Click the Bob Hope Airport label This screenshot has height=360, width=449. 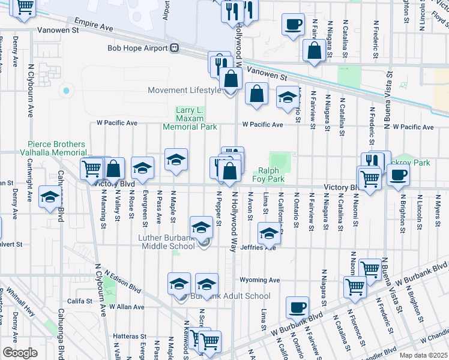coord(137,48)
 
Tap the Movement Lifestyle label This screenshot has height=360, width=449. coord(185,91)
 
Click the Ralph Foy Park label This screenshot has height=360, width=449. coord(271,175)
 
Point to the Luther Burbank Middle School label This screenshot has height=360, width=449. coord(167,241)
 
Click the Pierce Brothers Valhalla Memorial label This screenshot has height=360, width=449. coord(59,148)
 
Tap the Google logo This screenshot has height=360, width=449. coord(20,353)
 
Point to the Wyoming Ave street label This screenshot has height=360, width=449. coord(260,280)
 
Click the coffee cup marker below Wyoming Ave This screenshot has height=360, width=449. coord(297,308)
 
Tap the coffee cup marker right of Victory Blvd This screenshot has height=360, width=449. coord(397,175)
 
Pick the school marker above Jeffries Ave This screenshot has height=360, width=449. coord(270,232)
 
